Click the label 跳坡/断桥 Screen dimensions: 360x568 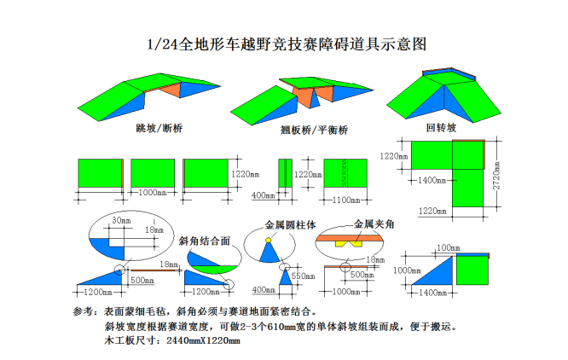click(159, 130)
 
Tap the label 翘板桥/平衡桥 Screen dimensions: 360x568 click(314, 131)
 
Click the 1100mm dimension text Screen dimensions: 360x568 click(345, 200)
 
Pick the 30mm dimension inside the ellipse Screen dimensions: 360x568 click(123, 220)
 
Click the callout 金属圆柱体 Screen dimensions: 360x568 click(291, 226)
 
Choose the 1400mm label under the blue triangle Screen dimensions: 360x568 click(434, 293)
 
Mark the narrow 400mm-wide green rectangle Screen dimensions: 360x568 click(285, 172)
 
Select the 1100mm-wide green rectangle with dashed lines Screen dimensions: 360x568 click(345, 172)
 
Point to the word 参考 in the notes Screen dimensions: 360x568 click(85, 312)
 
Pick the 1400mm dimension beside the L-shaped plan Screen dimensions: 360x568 click(432, 180)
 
